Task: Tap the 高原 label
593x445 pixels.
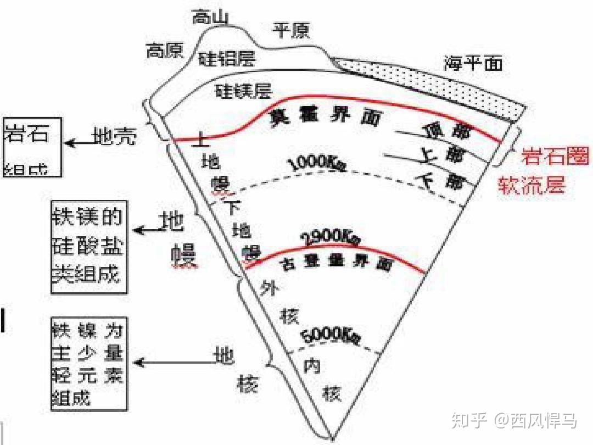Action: tap(164, 51)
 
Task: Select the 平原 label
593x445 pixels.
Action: tap(292, 31)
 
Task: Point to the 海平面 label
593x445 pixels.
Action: tap(473, 64)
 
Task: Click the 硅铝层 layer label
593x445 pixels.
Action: tap(227, 58)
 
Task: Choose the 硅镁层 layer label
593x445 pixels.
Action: tap(243, 90)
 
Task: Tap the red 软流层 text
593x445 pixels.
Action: tap(532, 185)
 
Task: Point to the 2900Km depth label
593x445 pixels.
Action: tap(331, 237)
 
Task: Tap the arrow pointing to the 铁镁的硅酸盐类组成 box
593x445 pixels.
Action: tap(145, 230)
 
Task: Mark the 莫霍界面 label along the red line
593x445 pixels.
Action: tap(324, 116)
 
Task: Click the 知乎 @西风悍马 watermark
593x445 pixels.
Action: tap(513, 421)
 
